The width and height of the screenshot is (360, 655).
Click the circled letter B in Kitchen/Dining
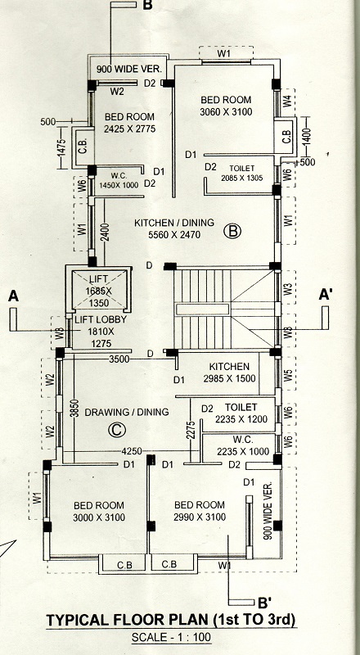point(233,231)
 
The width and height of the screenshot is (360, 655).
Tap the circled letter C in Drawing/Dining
point(116,430)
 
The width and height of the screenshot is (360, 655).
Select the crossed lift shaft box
point(99,289)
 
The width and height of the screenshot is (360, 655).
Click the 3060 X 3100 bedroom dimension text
point(226,112)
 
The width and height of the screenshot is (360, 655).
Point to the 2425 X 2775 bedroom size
point(129,129)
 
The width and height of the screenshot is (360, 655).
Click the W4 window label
point(287,102)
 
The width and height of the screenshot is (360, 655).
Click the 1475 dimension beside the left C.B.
point(62,148)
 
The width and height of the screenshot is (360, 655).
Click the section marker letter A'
point(326,295)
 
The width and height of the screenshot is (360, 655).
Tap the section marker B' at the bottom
point(265,603)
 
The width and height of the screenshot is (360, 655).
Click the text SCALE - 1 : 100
point(171,638)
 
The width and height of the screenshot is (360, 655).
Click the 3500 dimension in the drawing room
point(119,359)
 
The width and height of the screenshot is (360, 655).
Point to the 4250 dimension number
point(132,451)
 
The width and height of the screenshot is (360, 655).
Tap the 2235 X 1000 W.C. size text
point(243,451)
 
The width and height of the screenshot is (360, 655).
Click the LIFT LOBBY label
point(101,320)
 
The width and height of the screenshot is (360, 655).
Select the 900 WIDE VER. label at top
point(132,69)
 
